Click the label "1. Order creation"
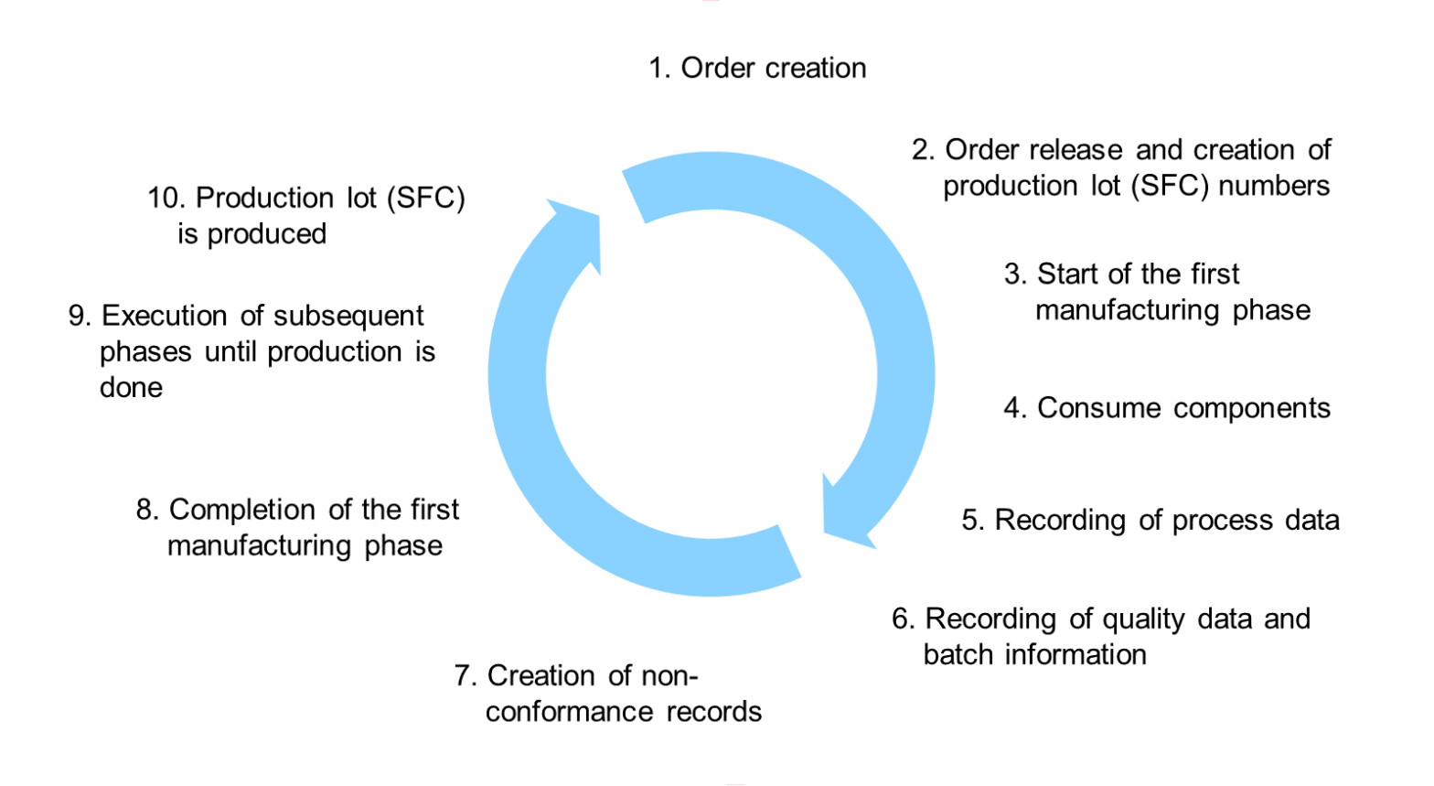coord(757,68)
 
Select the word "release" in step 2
coord(1079,149)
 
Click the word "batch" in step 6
coord(958,655)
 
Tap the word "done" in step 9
coord(131,388)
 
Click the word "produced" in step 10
coord(266,234)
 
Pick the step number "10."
coord(167,198)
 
